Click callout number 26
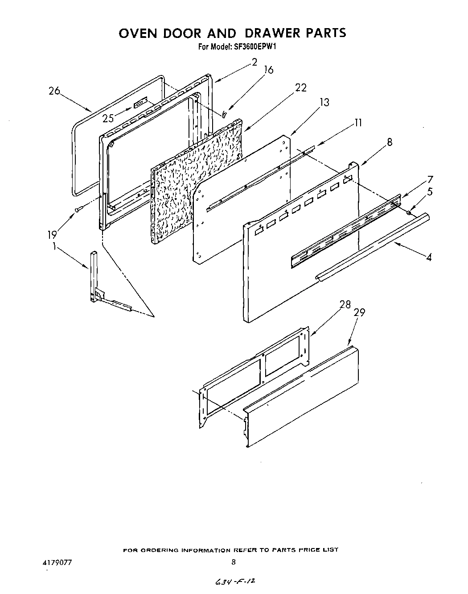coord(54,91)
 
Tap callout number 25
coord(108,118)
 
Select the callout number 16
coord(268,70)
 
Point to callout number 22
coord(301,88)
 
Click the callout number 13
coord(324,103)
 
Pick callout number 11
coord(358,122)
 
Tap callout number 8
coord(390,142)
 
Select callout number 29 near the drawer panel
coord(359,313)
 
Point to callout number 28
coord(345,305)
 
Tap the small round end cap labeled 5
coord(409,213)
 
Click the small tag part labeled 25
coord(140,104)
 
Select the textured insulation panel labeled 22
coord(196,179)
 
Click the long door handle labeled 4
coord(374,245)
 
